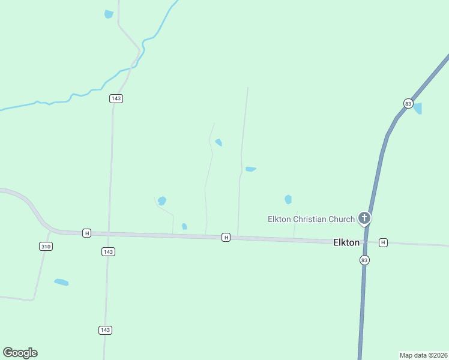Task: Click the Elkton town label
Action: (x=346, y=242)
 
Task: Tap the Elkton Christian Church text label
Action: (x=311, y=219)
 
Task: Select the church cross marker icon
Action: (x=364, y=218)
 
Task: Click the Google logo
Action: (x=20, y=353)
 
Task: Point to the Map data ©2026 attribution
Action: (x=423, y=355)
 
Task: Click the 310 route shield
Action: (x=46, y=247)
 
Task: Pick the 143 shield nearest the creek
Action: (x=116, y=98)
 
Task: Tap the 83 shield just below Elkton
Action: (x=364, y=260)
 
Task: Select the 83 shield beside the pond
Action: (x=408, y=103)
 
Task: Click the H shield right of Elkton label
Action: (x=383, y=242)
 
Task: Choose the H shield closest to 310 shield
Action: (x=86, y=233)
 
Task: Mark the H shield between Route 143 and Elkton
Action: (x=226, y=238)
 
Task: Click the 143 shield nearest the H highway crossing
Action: (x=108, y=252)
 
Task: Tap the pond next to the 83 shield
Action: (x=418, y=109)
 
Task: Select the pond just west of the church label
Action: (x=288, y=199)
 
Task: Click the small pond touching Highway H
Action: (x=184, y=226)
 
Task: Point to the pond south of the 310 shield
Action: (x=61, y=282)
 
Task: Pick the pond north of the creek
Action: (x=109, y=14)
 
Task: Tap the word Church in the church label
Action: (x=340, y=219)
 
